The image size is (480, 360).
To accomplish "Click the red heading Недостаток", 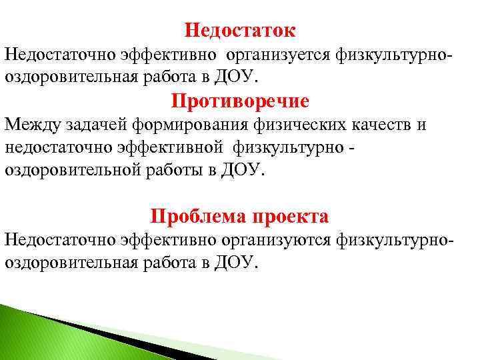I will click(x=240, y=30).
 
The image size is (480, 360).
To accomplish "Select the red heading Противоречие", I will click(x=240, y=101).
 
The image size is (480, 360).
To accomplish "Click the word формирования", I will click(x=188, y=125).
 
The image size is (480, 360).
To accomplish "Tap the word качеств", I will click(x=384, y=125).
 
